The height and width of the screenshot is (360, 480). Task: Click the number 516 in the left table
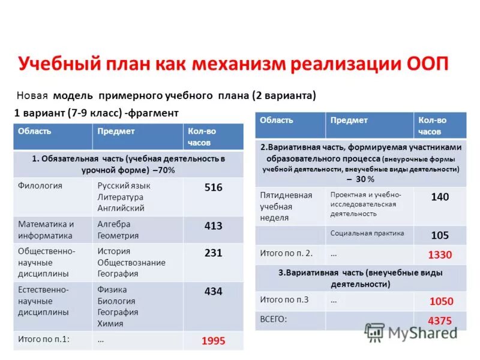pos(213,188)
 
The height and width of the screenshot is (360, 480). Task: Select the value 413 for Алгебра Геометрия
pos(213,226)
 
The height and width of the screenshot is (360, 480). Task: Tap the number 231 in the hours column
pos(213,253)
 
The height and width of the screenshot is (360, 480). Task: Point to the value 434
pos(213,292)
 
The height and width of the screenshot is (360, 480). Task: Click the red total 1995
pos(213,341)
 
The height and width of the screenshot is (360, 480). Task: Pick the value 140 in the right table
pos(440,197)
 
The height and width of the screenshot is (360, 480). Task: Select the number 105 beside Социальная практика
pos(440,235)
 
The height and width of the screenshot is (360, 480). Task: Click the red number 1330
pos(440,255)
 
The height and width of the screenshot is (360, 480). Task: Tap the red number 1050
pos(441,301)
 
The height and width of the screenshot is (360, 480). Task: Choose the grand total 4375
pos(440,320)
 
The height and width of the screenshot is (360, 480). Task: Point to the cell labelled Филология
pos(40,186)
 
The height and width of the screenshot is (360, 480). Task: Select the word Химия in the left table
pos(110,323)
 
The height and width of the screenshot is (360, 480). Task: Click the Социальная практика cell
pos(367,233)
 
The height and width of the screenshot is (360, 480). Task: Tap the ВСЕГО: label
pos(274,319)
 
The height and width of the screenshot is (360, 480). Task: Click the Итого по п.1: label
pos(44,339)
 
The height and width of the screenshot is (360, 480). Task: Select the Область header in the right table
pos(277,120)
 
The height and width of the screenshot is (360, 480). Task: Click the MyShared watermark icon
pos(375,332)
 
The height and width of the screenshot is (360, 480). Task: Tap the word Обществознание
pos(131,262)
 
